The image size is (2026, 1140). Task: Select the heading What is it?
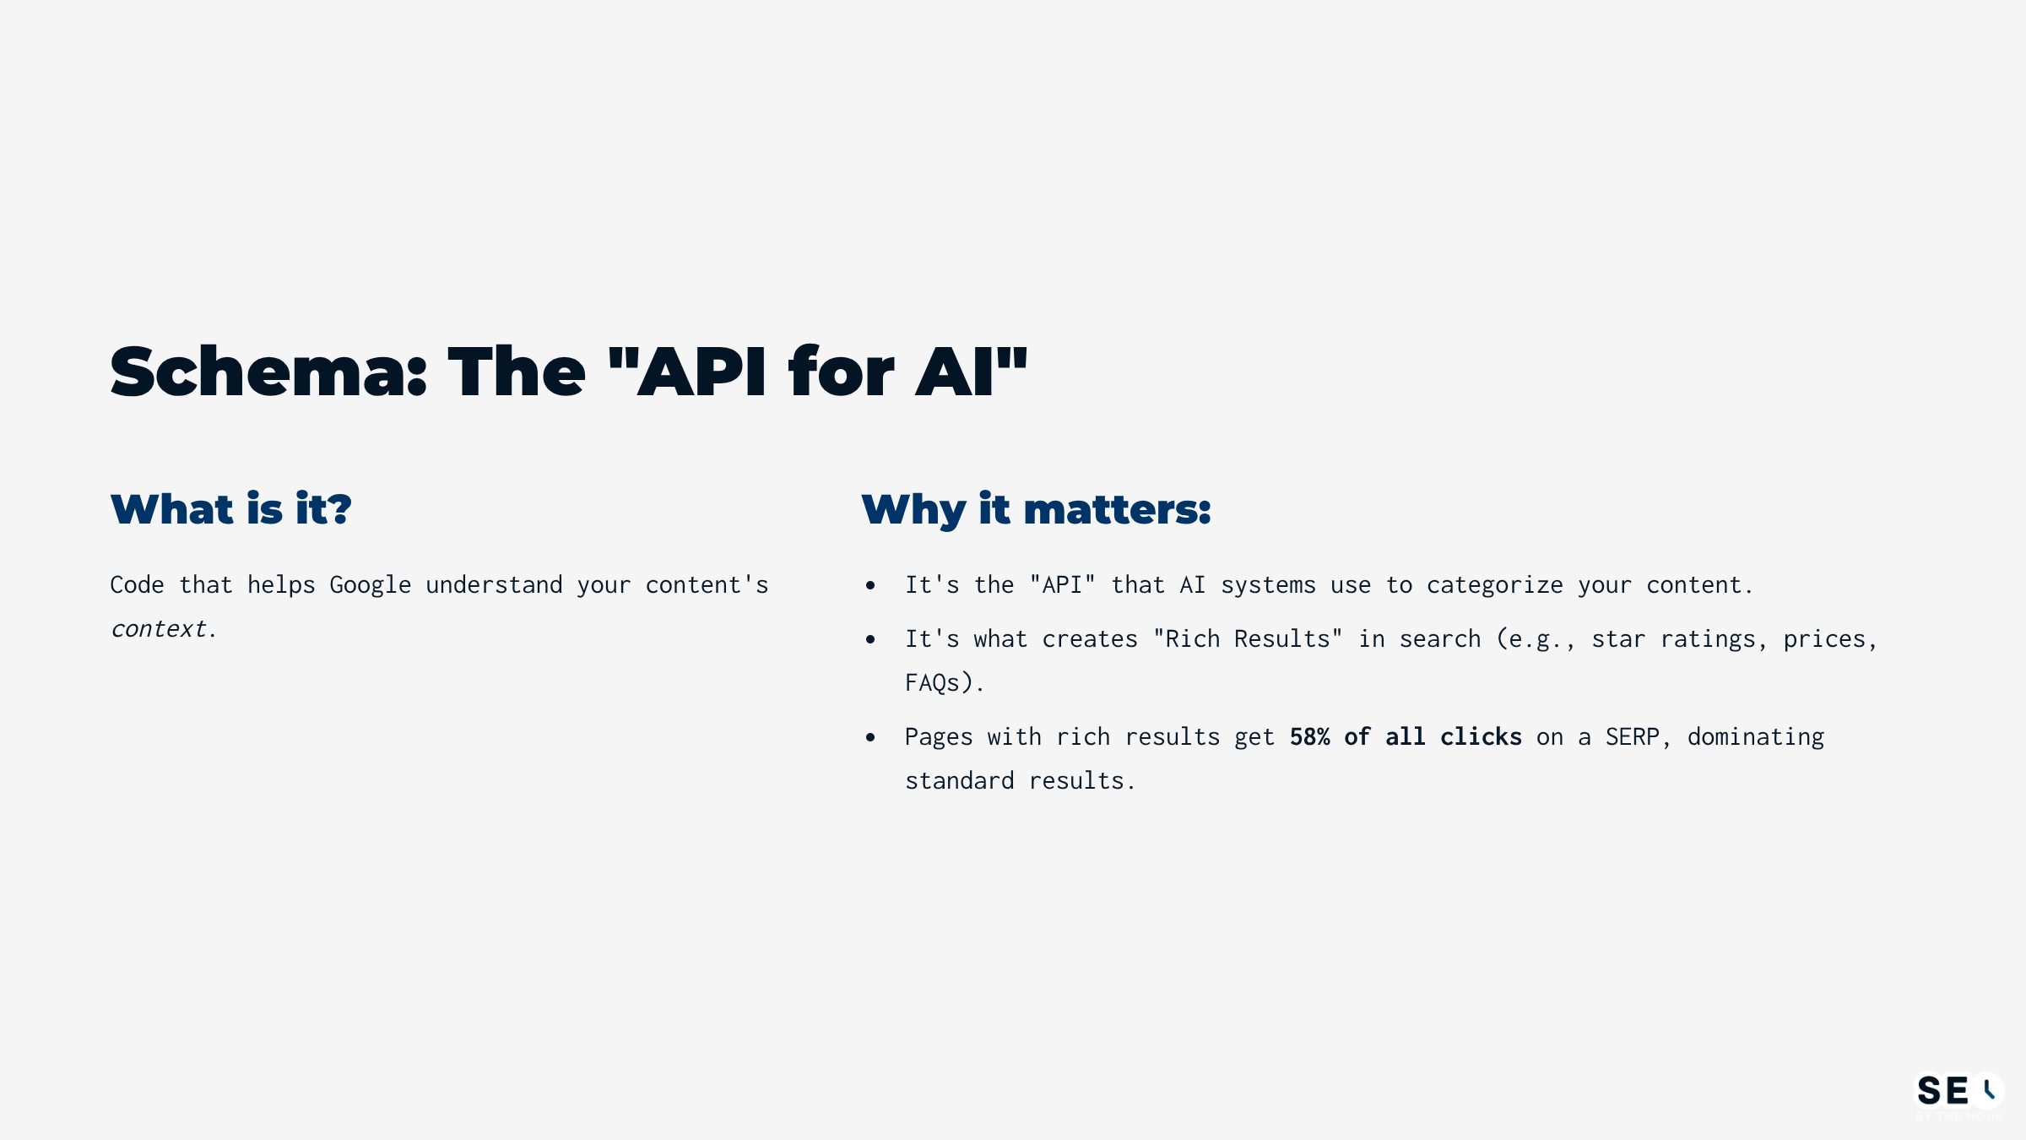click(230, 509)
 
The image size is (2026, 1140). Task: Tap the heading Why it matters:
click(1036, 509)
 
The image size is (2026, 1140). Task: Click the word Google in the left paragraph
click(370, 585)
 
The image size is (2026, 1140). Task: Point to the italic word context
click(159, 629)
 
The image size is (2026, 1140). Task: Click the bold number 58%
click(1309, 737)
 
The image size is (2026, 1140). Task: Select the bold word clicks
click(1481, 737)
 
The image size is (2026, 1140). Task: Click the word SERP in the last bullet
click(1632, 737)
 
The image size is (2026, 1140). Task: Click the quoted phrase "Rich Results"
click(1248, 639)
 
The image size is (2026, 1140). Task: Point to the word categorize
click(1494, 585)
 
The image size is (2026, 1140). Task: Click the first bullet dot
click(870, 585)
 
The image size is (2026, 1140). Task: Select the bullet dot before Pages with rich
click(870, 738)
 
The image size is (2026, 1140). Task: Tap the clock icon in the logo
click(1988, 1090)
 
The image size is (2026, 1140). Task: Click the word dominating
click(1755, 737)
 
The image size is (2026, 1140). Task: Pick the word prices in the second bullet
click(1823, 639)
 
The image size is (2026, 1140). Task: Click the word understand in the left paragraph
click(494, 585)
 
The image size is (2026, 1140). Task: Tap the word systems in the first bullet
click(1268, 585)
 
